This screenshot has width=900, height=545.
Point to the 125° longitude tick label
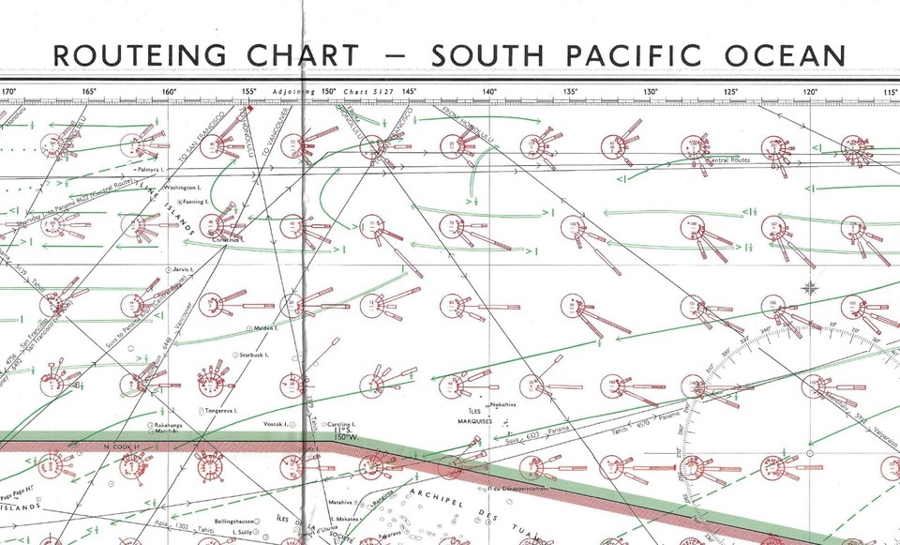(730, 92)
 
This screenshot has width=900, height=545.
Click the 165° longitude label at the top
(89, 92)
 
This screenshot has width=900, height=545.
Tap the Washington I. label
(182, 188)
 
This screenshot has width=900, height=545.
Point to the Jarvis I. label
(183, 269)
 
